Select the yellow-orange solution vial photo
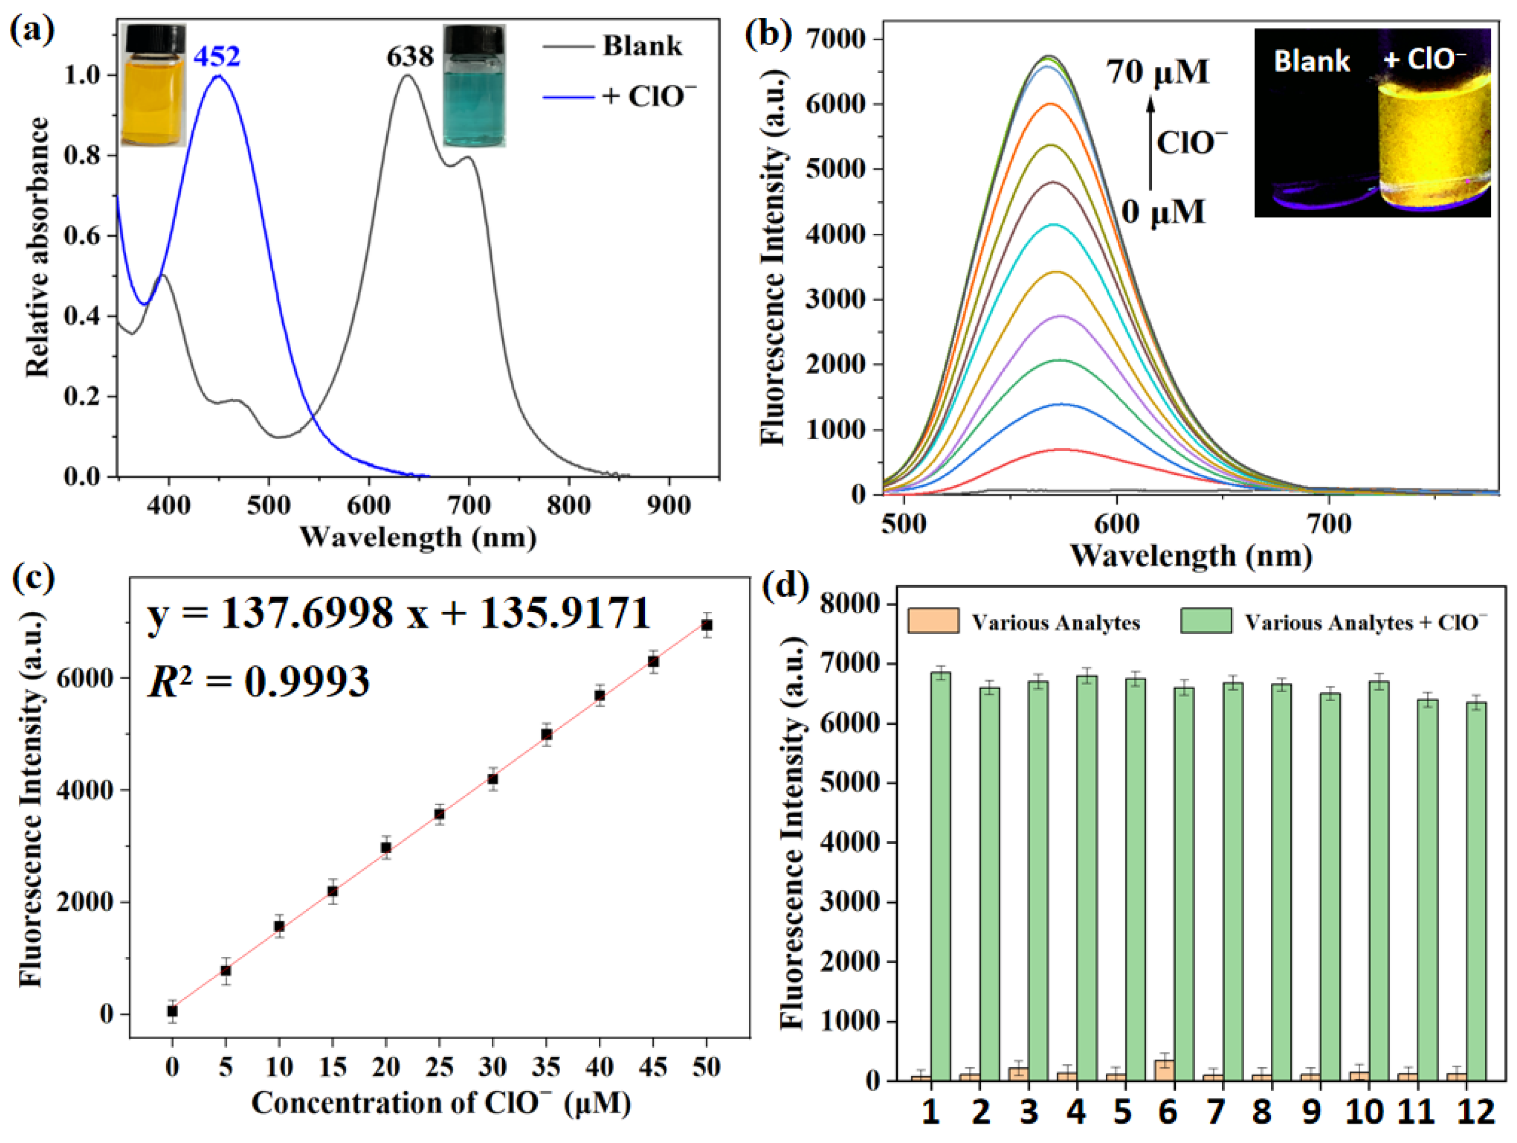point(154,86)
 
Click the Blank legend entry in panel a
point(642,46)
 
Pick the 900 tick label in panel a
point(669,506)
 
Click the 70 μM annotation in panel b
point(1157,71)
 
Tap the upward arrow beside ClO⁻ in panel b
point(1151,143)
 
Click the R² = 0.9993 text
point(259,681)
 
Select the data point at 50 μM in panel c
point(707,625)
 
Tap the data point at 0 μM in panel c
point(172,1011)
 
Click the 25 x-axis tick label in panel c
point(439,1067)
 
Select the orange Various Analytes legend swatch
point(933,621)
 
